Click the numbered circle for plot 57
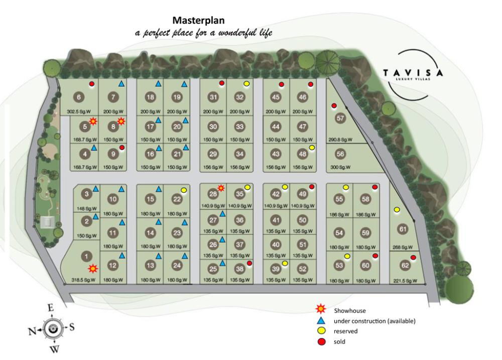coord(341,118)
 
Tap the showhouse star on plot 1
coord(92,269)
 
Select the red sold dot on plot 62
coord(413,258)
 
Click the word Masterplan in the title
coord(198,21)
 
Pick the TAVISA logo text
coord(413,72)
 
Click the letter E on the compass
coord(50,308)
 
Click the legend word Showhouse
coord(350,311)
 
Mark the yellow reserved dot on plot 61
coord(397,209)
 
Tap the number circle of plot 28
coord(213,194)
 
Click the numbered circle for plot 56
coord(341,154)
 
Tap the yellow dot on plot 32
coord(246,83)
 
